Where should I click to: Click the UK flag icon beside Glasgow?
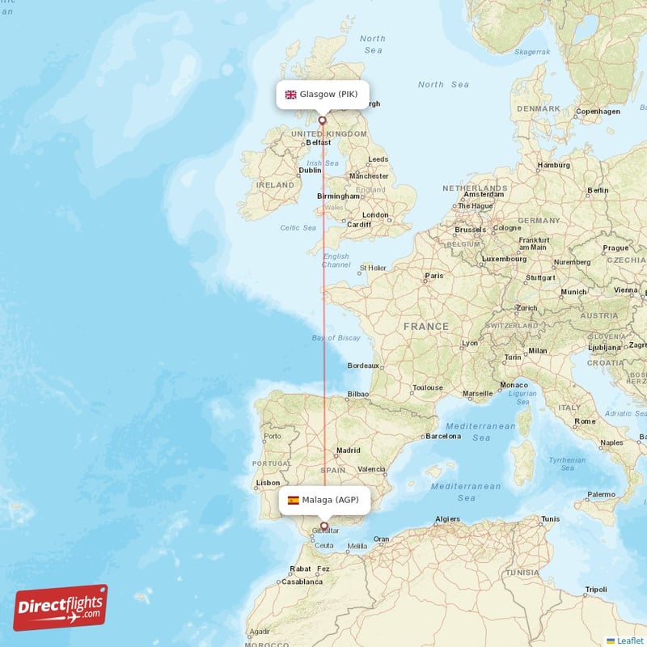click(x=290, y=95)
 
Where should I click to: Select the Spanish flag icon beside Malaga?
click(x=293, y=500)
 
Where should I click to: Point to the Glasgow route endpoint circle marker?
click(x=322, y=121)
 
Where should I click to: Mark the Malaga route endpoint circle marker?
click(x=324, y=526)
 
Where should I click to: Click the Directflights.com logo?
click(x=61, y=607)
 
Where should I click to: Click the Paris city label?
click(x=434, y=276)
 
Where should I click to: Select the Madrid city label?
click(x=349, y=450)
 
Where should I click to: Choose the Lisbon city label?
click(x=268, y=483)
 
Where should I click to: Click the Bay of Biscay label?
click(x=336, y=338)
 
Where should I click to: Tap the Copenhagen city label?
click(x=598, y=112)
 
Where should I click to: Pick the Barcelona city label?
click(x=443, y=436)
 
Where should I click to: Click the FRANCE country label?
click(x=426, y=327)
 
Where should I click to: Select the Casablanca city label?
click(x=302, y=581)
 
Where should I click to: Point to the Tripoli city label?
click(x=596, y=590)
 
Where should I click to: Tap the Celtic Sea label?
click(x=298, y=228)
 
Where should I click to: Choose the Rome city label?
click(x=585, y=421)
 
